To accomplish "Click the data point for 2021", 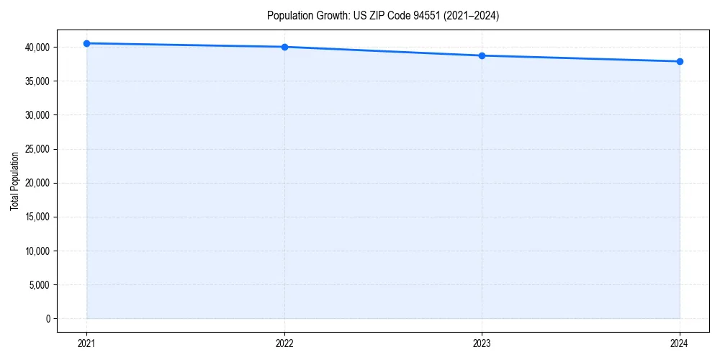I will pos(86,43).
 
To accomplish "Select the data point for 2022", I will pos(284,47).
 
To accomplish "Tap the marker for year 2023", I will pos(482,55).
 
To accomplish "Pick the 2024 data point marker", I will pos(680,61).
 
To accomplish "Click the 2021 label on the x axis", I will pos(86,343).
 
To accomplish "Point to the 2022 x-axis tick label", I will pos(284,343).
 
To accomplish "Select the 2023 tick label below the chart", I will pos(482,343).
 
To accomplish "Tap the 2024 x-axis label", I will pos(680,343).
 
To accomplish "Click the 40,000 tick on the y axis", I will pos(37,48).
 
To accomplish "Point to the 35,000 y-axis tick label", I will pos(37,81).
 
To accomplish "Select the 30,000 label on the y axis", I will pos(37,115).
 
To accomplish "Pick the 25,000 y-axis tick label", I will pos(37,149).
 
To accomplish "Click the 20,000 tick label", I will pos(37,183).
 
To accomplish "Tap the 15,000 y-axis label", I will pos(37,217).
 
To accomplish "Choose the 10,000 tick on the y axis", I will pos(37,251).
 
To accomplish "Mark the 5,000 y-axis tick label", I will pos(40,285).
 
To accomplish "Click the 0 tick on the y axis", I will pos(48,319).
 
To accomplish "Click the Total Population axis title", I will pos(14,181).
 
